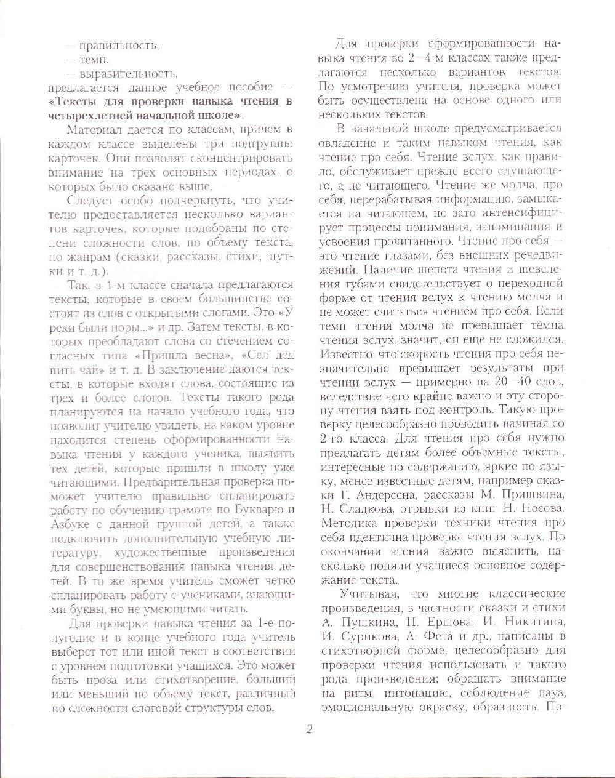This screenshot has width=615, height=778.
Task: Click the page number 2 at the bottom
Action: coord(310,729)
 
